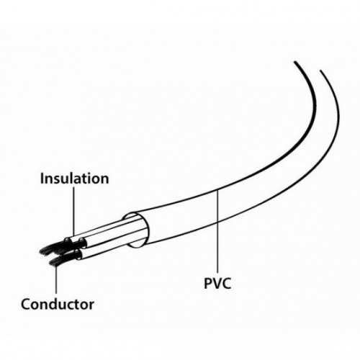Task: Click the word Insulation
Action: [74, 179]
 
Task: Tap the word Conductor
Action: [58, 304]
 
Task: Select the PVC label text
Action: [217, 283]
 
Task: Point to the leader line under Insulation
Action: [73, 211]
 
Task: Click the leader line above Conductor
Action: [56, 279]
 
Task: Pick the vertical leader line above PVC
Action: [217, 232]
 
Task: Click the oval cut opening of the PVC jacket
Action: [136, 230]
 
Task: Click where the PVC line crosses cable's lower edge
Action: [217, 222]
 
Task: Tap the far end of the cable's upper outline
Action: [295, 62]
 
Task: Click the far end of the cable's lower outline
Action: [320, 71]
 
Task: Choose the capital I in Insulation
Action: [42, 179]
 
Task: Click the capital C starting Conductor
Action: [25, 304]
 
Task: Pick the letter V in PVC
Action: [217, 283]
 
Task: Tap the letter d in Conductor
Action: [55, 304]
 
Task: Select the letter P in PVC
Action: [208, 283]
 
